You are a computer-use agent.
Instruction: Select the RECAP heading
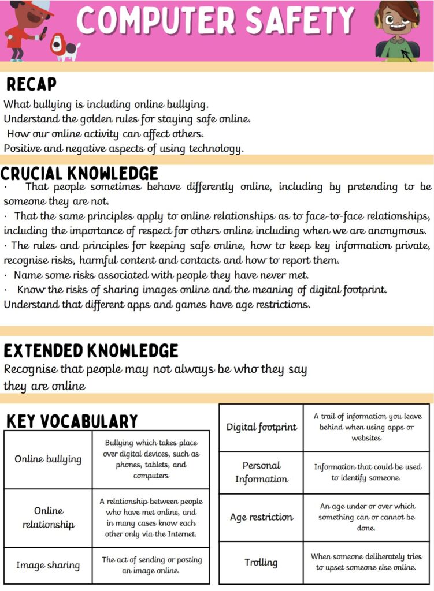31,85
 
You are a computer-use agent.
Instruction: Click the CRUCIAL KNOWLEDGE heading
79,173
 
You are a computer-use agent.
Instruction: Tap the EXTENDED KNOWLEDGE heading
91,350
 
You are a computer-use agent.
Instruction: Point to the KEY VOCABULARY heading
72,421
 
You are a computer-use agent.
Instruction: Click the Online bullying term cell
48,459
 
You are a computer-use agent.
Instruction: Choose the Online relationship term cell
48,518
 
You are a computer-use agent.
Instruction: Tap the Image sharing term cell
48,565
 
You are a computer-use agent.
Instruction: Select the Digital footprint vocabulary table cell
261,428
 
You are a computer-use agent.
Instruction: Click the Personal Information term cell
261,472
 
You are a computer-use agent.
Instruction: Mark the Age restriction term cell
261,517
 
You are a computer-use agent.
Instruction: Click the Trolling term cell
261,562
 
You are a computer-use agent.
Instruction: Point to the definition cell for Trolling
366,562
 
